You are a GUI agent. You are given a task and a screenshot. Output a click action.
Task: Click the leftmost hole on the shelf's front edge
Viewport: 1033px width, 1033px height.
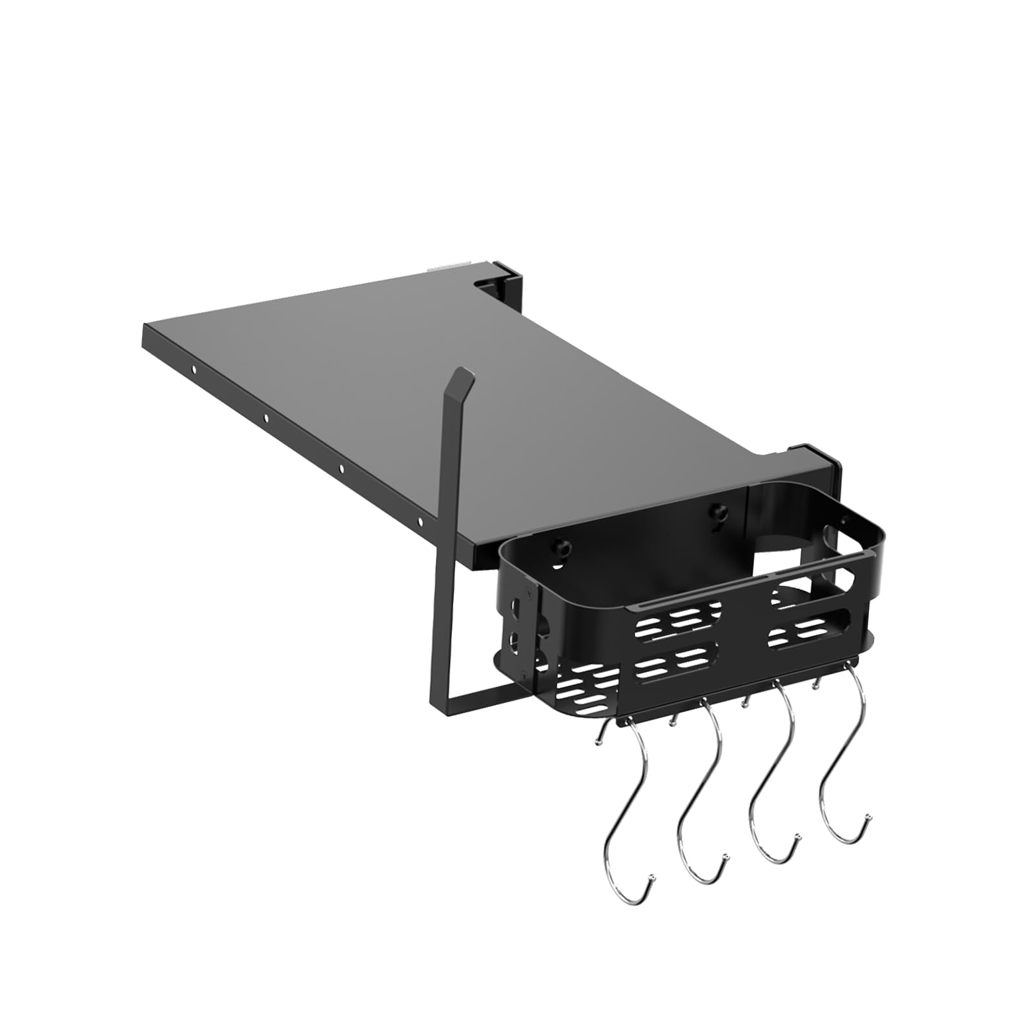coord(194,370)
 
